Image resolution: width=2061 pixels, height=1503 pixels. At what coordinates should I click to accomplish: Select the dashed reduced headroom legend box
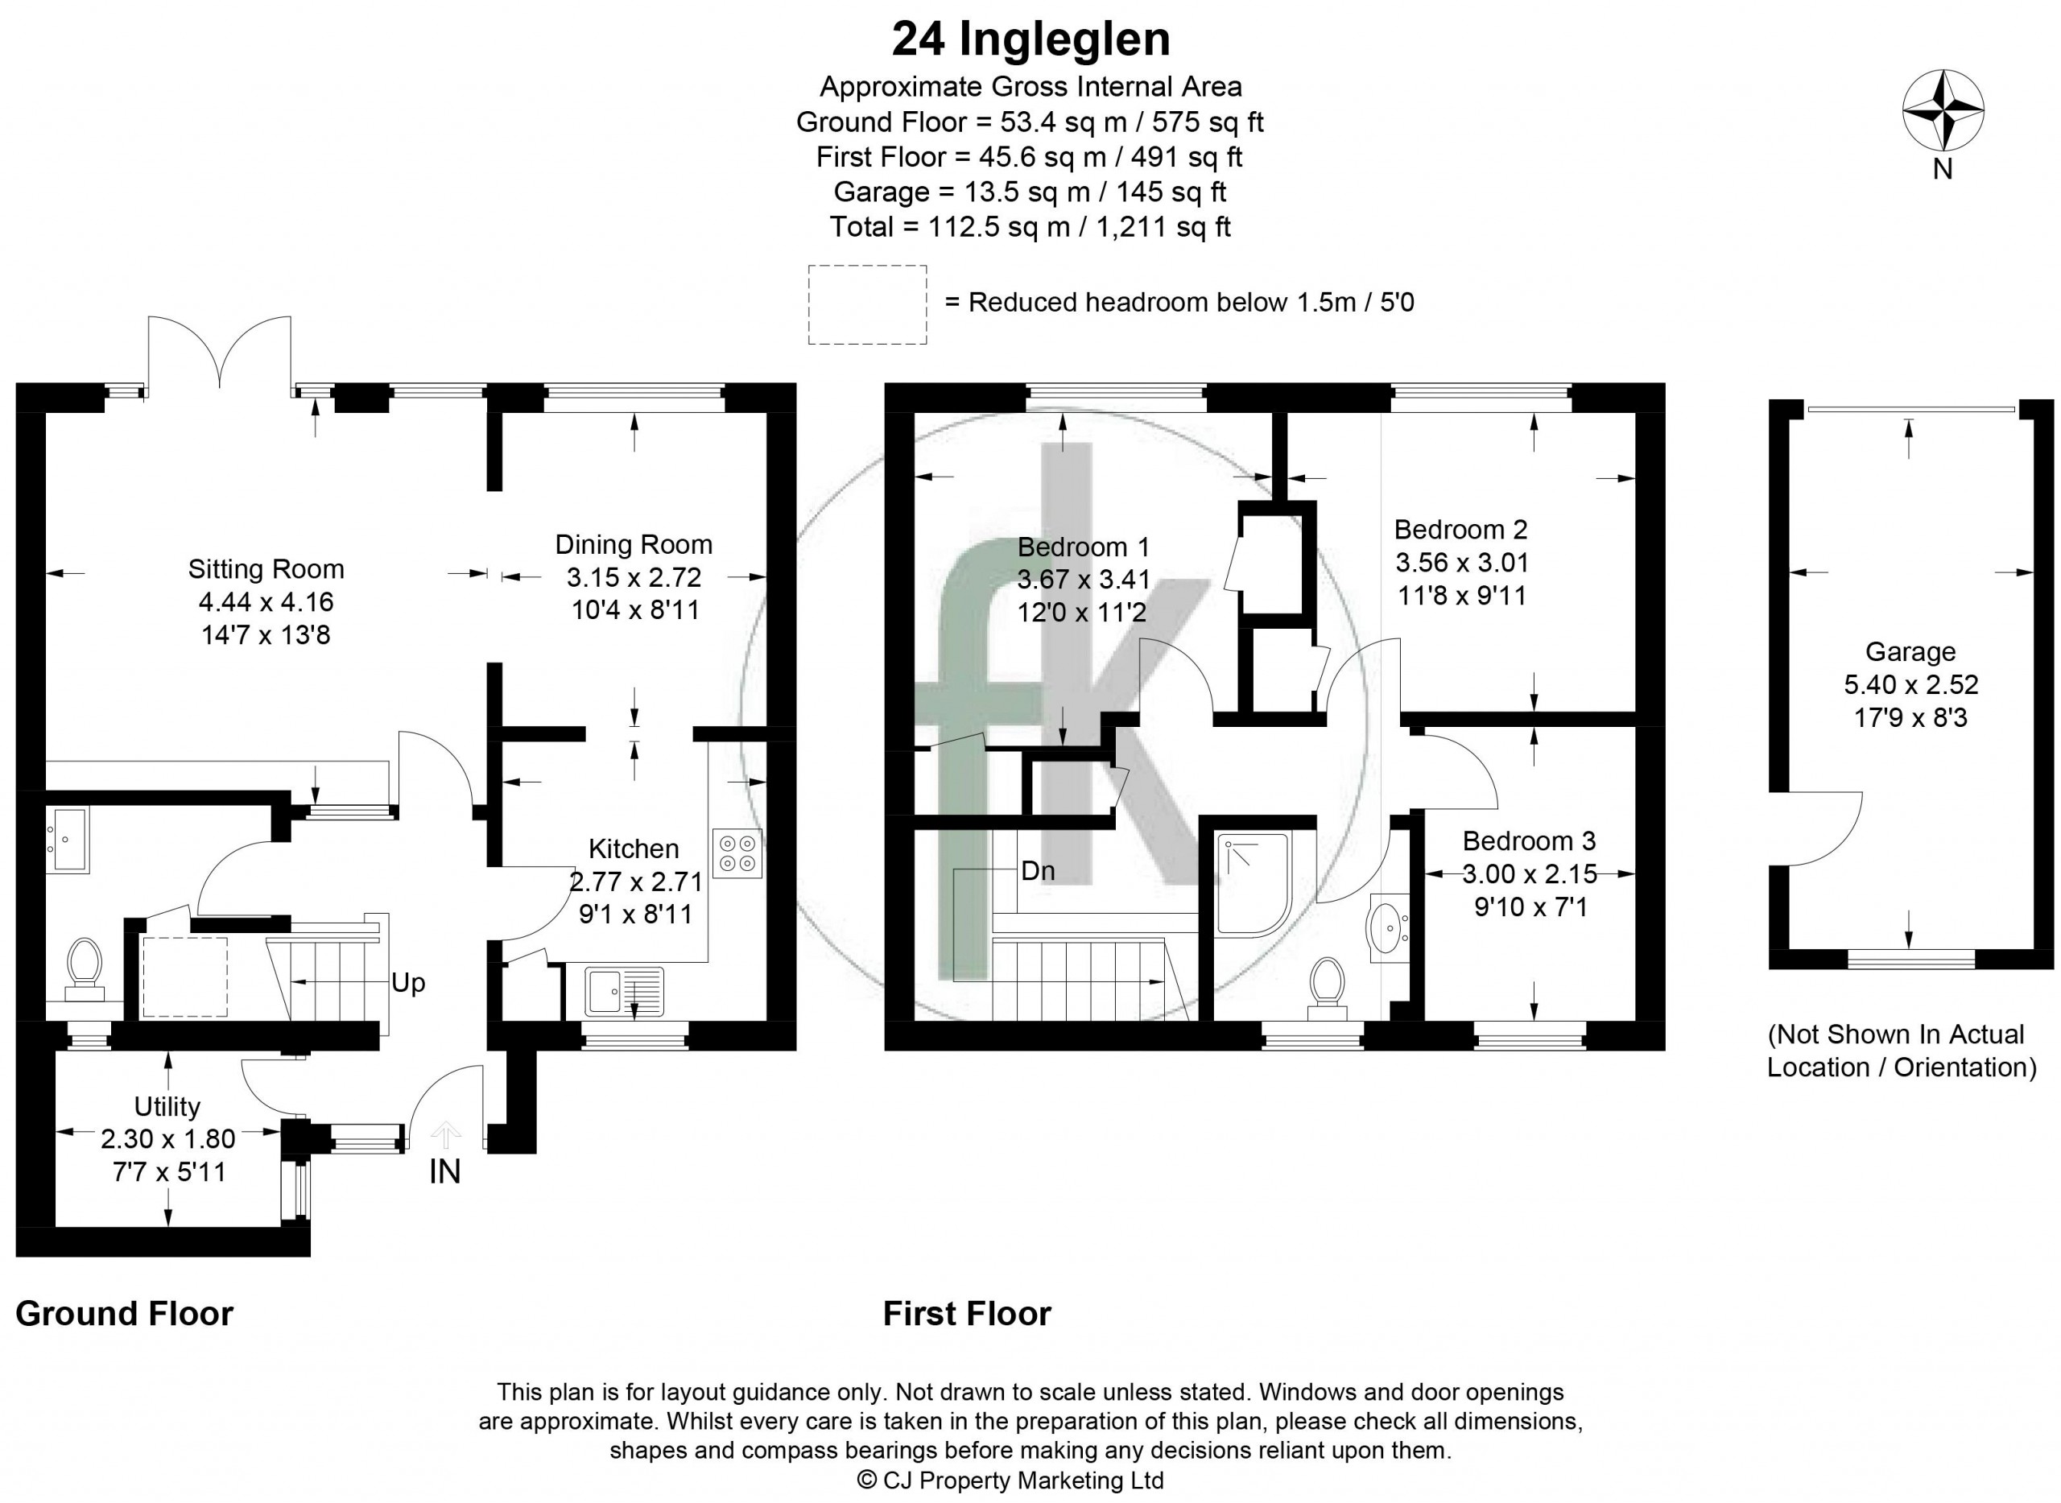coord(867,305)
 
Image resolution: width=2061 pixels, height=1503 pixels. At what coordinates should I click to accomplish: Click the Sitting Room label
coord(266,569)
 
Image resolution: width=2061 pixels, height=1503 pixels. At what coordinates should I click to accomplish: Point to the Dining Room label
coord(634,545)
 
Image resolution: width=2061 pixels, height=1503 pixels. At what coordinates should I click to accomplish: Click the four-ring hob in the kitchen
coord(737,853)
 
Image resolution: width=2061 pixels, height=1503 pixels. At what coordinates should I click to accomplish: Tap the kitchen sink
coord(624,991)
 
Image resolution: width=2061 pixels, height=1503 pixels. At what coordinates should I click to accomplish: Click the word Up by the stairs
coord(407,983)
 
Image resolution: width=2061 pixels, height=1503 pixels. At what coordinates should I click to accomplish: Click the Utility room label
coord(167,1106)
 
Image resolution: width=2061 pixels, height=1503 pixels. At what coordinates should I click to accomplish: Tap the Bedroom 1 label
coord(1083,547)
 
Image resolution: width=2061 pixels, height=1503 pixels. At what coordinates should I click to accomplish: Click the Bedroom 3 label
coord(1529,840)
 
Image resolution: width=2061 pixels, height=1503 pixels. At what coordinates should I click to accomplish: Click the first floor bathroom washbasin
coord(1389,929)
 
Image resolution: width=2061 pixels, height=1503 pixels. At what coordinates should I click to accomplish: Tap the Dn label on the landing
coord(1037,871)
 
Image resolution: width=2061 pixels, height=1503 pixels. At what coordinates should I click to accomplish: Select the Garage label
coord(1910,651)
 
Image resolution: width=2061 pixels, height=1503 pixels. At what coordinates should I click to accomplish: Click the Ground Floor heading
coord(125,1314)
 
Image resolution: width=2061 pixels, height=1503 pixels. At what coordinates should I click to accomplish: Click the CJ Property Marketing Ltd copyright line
coord(1011,1480)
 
